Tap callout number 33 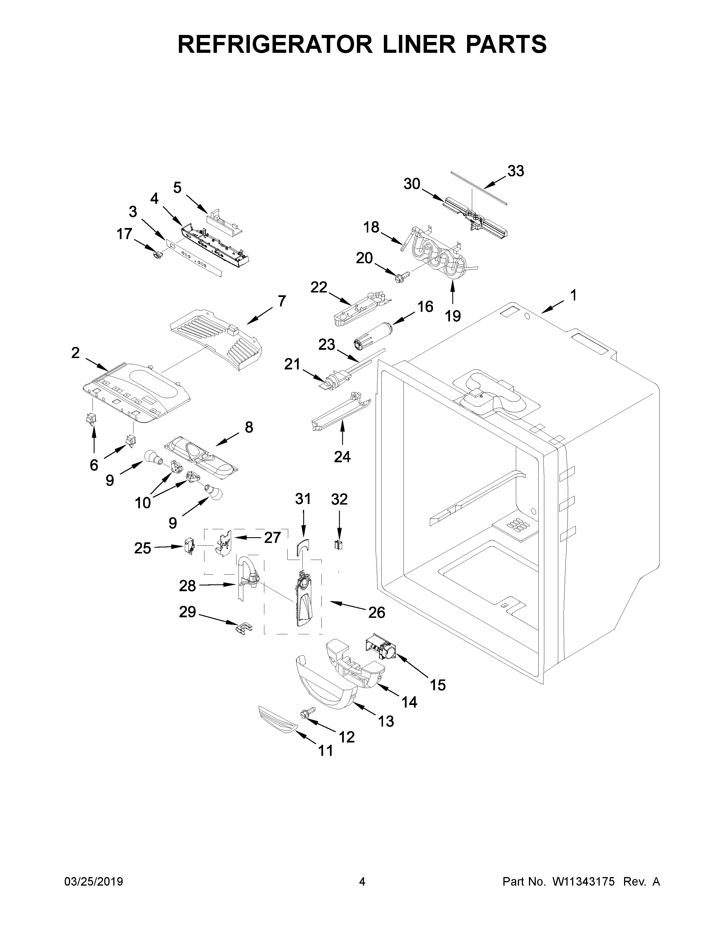point(516,171)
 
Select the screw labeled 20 point(401,275)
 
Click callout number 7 point(281,301)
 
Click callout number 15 point(438,685)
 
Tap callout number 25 point(143,548)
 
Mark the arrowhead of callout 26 point(331,602)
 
